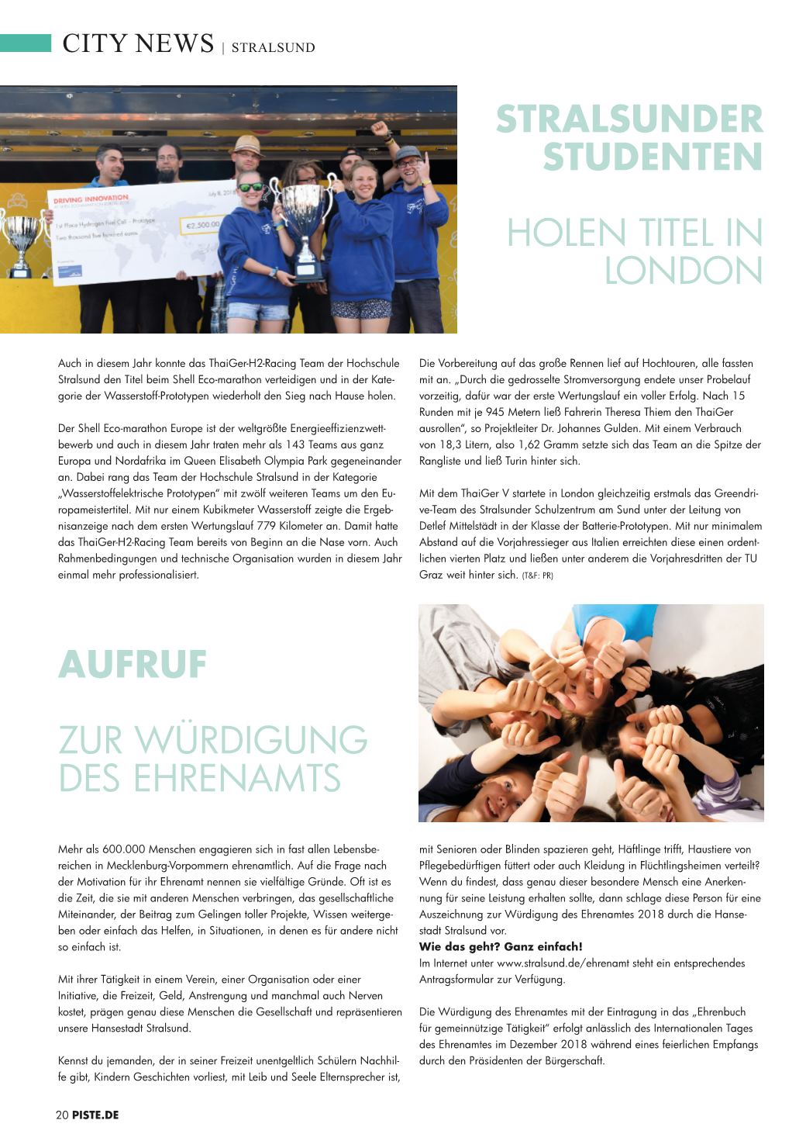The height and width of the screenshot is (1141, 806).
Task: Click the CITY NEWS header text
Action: tap(138, 43)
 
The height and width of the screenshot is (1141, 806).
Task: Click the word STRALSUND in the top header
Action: tap(273, 47)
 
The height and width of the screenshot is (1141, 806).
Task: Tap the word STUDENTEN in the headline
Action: tap(653, 157)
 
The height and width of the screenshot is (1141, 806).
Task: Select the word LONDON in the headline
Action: tap(683, 271)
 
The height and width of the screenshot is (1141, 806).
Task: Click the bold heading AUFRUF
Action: tap(133, 665)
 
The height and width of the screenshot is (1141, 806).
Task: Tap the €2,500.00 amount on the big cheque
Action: tap(201, 225)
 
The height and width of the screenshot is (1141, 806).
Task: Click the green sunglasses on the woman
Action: tap(250, 187)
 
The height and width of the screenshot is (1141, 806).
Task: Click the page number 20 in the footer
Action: tap(62, 1115)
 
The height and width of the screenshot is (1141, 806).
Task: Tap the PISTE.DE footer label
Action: tap(96, 1115)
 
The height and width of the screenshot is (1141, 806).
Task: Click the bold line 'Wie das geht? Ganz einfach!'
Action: tap(500, 946)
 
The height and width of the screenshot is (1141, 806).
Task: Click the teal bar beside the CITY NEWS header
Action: tap(25, 43)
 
